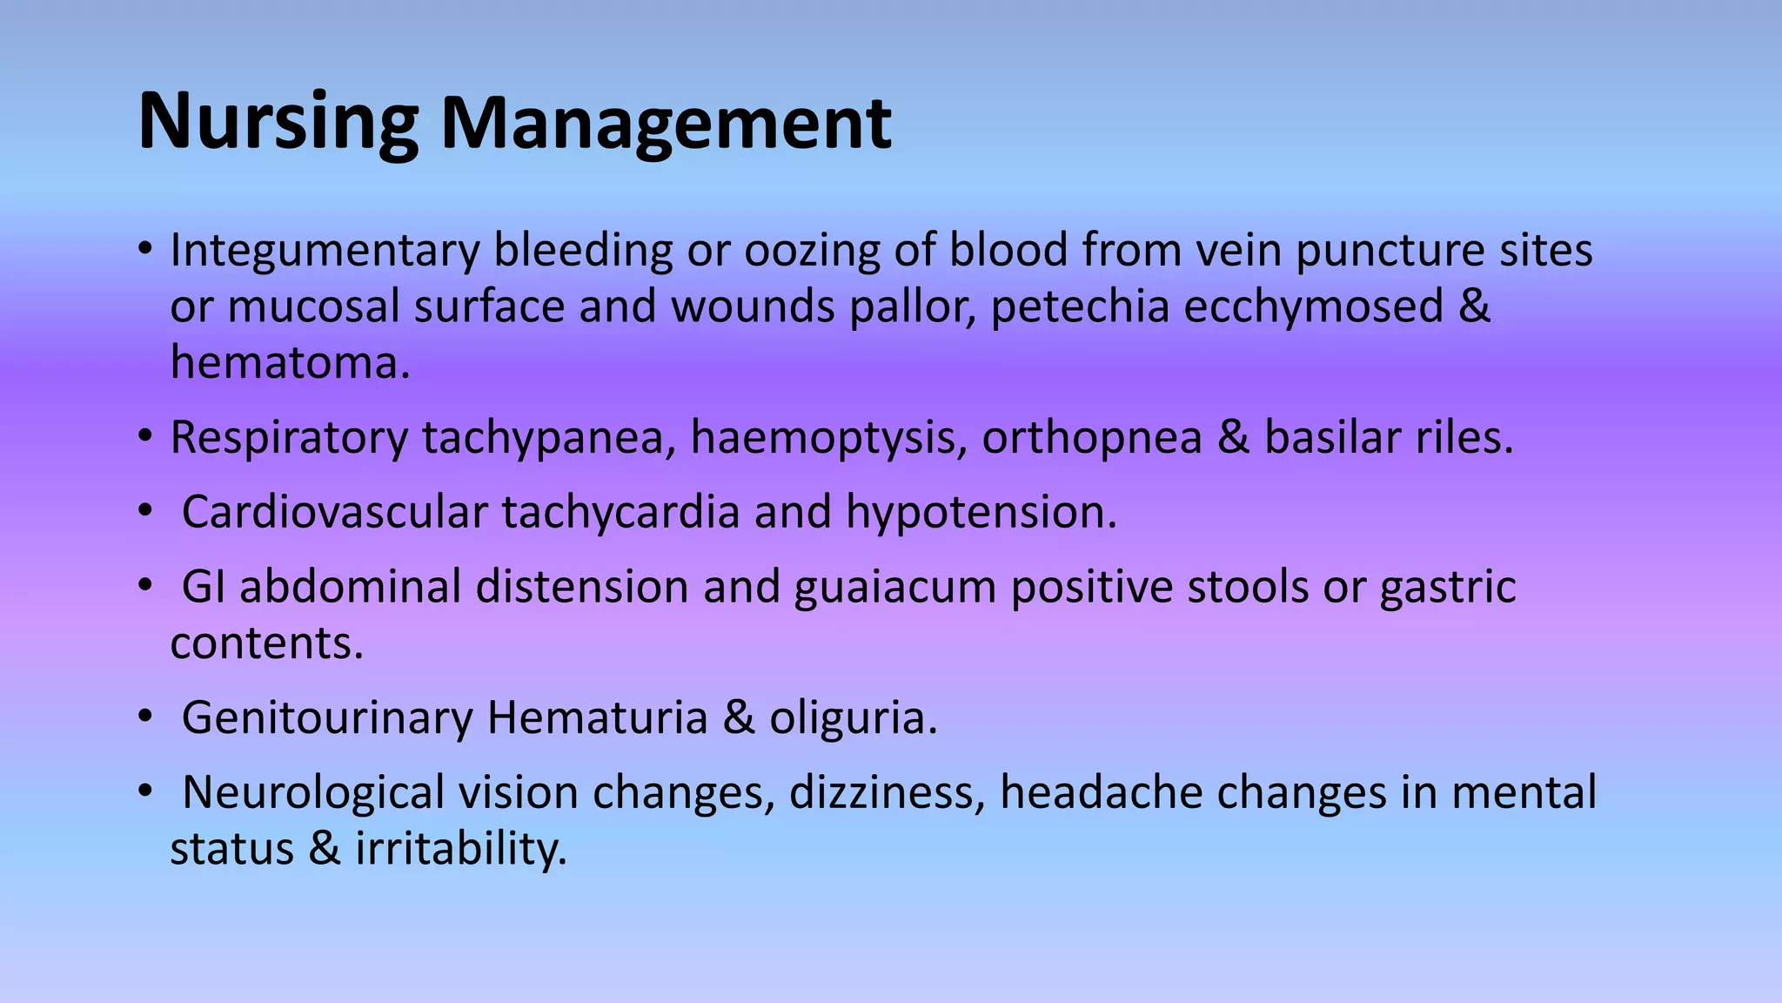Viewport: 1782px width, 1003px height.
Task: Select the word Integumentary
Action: [325, 251]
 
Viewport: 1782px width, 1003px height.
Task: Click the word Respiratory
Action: [288, 437]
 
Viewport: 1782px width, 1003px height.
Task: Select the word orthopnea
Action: [1092, 437]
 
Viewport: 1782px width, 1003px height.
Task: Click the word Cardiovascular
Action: [334, 512]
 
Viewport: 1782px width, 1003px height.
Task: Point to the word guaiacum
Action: [894, 587]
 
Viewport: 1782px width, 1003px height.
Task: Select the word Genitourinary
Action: [327, 718]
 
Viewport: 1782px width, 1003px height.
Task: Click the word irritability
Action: [461, 849]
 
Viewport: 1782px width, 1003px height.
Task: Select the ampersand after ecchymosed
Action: [1474, 306]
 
